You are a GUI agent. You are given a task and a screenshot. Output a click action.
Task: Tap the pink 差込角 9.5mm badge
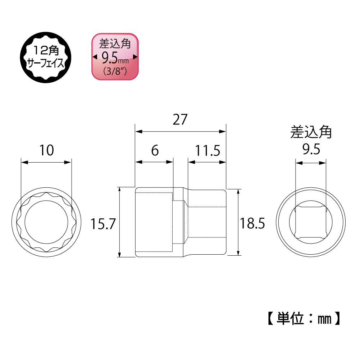(x=115, y=57)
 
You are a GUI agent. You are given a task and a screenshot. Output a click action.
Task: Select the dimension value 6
(x=155, y=150)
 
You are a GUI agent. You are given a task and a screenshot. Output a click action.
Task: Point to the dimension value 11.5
(x=208, y=151)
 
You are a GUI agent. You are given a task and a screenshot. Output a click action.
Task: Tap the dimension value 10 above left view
(x=46, y=150)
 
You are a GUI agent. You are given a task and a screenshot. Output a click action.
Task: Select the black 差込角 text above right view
(x=311, y=132)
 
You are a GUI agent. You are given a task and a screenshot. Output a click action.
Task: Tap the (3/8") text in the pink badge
(x=115, y=71)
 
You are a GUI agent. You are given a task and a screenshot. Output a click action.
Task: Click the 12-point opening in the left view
(x=46, y=222)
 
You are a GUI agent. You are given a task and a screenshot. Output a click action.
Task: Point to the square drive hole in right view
(x=311, y=222)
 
